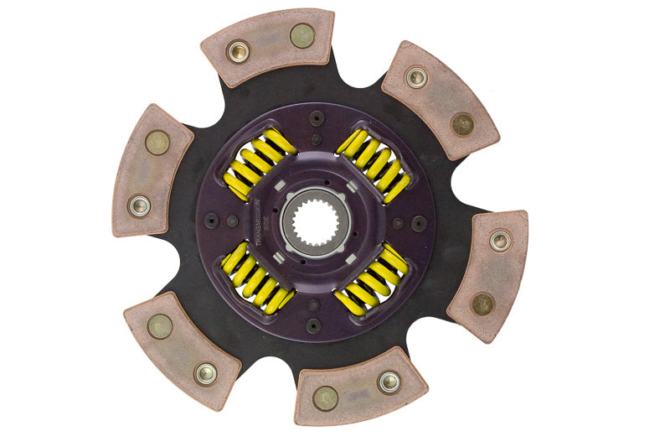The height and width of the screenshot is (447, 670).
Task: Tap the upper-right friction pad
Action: coord(439,99)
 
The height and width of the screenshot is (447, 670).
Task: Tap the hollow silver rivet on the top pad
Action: coord(239,51)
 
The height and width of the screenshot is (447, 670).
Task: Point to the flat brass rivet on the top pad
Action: coord(301,35)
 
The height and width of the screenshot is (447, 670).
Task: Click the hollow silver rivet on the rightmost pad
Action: coord(500,242)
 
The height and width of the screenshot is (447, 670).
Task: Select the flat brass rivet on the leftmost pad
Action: coord(157,143)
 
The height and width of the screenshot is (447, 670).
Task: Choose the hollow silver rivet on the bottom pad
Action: coord(389,382)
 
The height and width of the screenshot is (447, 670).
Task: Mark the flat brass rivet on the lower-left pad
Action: coord(160,326)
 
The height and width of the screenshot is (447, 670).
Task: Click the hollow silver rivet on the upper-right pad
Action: coord(416,78)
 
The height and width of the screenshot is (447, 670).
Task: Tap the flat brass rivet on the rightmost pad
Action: coord(482,304)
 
